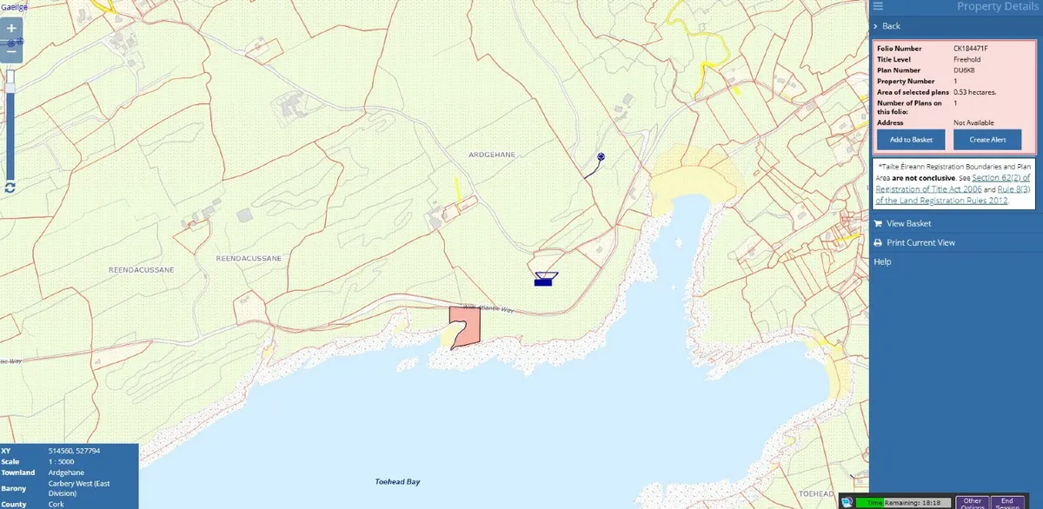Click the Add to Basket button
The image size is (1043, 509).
[910, 140]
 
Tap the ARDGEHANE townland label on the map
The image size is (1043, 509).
[493, 155]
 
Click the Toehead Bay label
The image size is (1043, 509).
[397, 480]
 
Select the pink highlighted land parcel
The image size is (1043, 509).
[466, 327]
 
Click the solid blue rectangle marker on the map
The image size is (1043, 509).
[545, 281]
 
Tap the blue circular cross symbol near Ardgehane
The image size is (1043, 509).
[601, 157]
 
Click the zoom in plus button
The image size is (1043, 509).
[11, 29]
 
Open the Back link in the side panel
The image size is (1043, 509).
[891, 26]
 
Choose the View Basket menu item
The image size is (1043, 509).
[908, 223]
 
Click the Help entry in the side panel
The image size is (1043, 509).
[882, 261]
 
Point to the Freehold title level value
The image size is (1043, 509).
[967, 59]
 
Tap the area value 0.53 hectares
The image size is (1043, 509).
[974, 92]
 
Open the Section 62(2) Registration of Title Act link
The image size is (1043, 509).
[962, 177]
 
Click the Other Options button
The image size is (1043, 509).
[972, 502]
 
